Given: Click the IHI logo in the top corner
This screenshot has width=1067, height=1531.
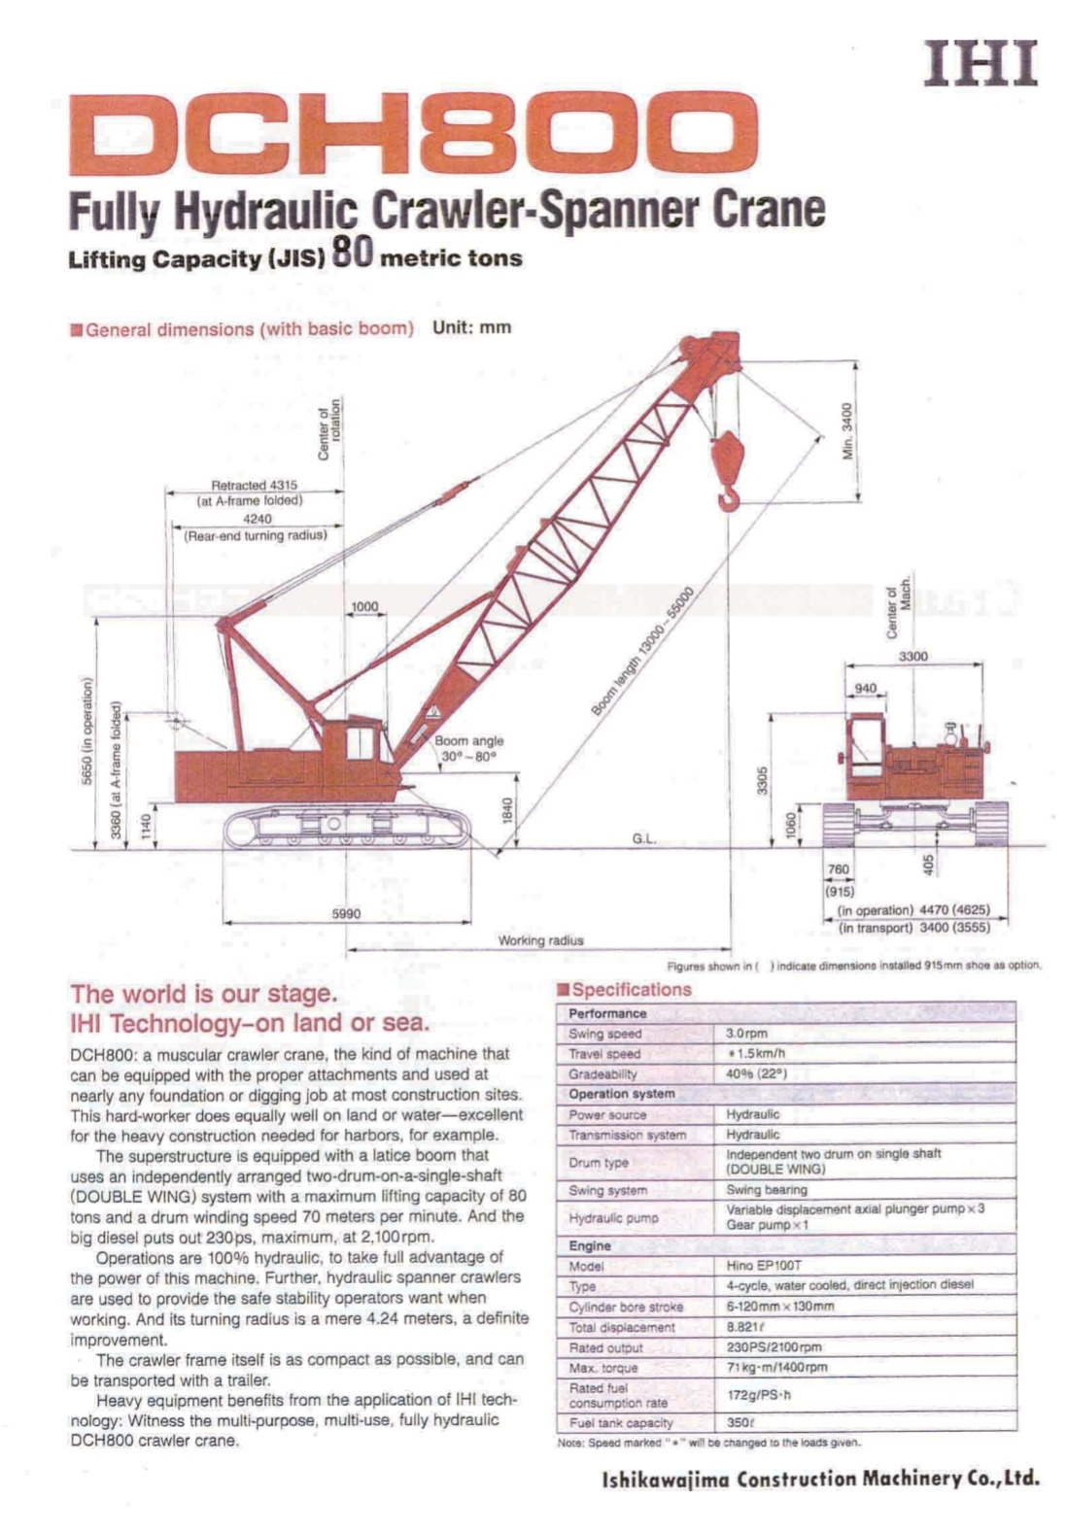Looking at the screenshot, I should click(x=981, y=64).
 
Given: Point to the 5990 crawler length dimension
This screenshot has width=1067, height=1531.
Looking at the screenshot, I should click(x=346, y=913).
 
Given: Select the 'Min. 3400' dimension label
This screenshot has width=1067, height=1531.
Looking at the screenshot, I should click(x=847, y=430).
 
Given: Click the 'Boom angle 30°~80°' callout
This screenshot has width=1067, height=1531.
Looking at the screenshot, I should click(x=469, y=747).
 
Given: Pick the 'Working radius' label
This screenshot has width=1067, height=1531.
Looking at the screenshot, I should click(x=540, y=939).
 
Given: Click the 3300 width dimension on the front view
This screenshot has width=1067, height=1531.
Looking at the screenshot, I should click(x=912, y=657).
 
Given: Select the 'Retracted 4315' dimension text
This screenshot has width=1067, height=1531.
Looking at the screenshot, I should click(x=255, y=485).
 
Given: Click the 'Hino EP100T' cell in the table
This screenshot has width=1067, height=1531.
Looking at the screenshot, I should click(x=763, y=1266).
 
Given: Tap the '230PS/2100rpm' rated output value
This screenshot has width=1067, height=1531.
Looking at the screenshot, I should click(x=774, y=1347).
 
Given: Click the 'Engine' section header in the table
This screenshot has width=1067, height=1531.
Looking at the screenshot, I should click(x=590, y=1245).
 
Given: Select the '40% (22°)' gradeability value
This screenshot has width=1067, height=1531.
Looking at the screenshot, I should click(x=756, y=1073).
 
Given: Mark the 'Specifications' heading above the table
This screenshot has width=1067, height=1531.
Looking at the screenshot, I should click(x=631, y=990).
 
